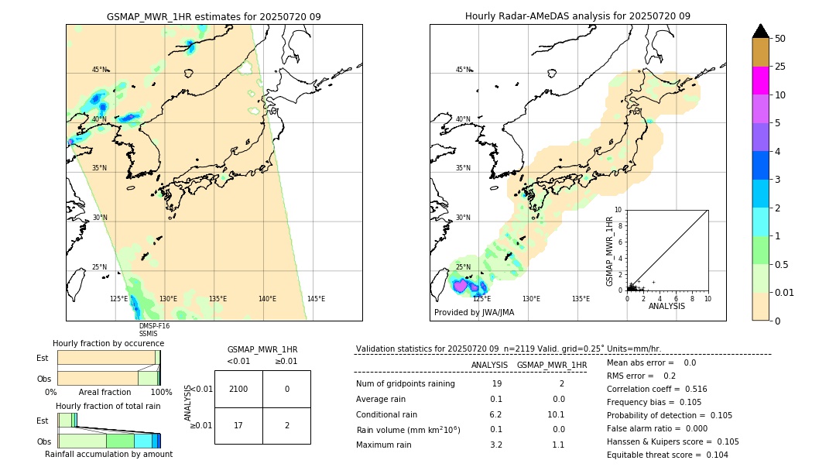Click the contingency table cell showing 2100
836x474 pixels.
(238, 389)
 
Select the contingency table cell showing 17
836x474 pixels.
(238, 425)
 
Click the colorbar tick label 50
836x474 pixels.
(780, 39)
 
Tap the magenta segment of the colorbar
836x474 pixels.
(760, 81)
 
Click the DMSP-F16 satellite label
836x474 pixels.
(154, 326)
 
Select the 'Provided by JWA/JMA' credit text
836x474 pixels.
(474, 313)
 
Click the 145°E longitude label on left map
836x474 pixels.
(316, 299)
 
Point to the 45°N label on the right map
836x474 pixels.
(463, 70)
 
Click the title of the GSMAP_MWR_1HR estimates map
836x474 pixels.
(214, 16)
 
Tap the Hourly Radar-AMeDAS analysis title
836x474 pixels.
(577, 16)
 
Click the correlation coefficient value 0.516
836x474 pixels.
(691, 389)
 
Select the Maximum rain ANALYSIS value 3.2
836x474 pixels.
(496, 445)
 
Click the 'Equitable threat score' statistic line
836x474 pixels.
(668, 455)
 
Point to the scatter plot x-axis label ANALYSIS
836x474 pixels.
(666, 307)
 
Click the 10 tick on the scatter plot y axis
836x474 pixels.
(618, 210)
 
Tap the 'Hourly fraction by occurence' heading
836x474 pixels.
(108, 343)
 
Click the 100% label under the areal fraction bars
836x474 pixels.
(161, 392)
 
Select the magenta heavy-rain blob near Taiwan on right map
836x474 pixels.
(461, 285)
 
